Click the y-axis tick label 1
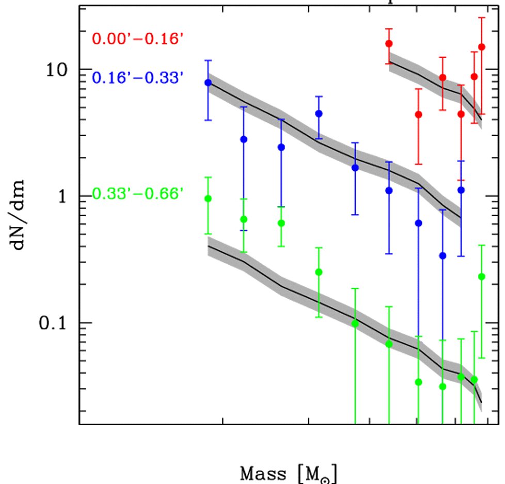[x=65, y=196]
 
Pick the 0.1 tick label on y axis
[x=55, y=323]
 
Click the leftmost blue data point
[x=208, y=83]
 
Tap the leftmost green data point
[x=208, y=199]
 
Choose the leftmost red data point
[x=389, y=44]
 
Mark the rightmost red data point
[x=481, y=47]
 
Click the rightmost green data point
[x=481, y=277]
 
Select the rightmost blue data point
[x=461, y=190]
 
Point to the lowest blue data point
[x=443, y=255]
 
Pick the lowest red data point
[x=419, y=115]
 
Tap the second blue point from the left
[x=244, y=139]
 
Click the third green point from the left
[x=281, y=223]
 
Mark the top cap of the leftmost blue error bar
[x=208, y=60]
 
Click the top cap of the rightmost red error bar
[x=481, y=18]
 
